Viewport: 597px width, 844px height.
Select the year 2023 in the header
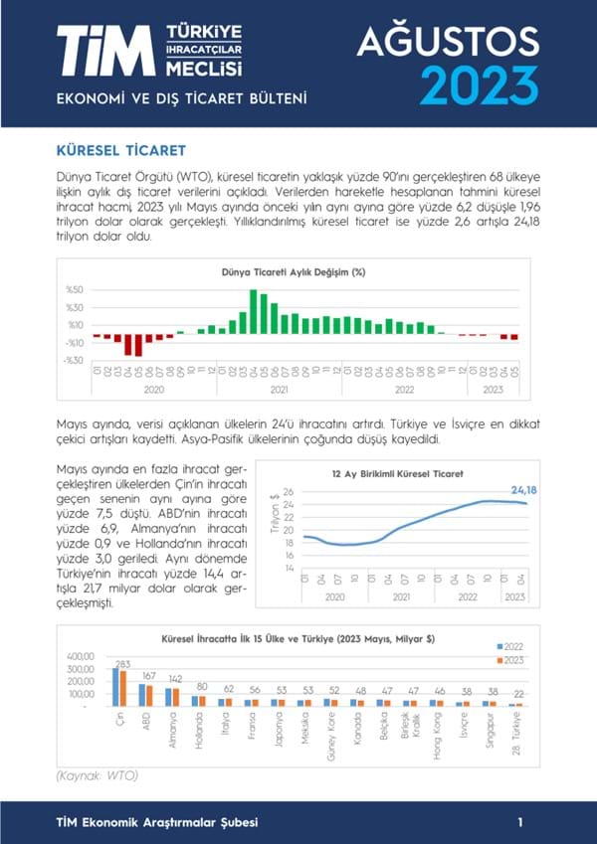(x=480, y=84)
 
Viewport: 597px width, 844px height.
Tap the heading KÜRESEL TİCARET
(x=122, y=150)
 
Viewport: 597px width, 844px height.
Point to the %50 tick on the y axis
(x=75, y=290)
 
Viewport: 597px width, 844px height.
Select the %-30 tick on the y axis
(x=74, y=360)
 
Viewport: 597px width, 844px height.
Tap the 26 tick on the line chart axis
(x=288, y=492)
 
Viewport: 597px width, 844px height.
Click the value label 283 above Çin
(x=122, y=664)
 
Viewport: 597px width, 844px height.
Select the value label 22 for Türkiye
(x=517, y=694)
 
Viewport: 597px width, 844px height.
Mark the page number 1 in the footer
(x=520, y=822)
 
